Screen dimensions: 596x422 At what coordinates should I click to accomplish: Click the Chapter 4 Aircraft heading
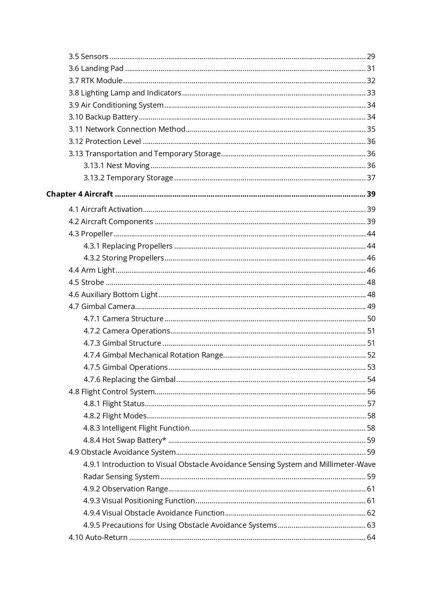[80, 194]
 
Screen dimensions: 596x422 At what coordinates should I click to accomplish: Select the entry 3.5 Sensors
[88, 56]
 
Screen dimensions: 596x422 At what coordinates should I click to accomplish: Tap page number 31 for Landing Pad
[371, 69]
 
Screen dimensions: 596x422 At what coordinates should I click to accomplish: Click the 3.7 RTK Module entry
[96, 81]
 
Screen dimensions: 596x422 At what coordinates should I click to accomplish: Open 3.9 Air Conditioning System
[116, 105]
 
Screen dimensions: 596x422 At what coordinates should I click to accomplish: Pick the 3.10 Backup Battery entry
[103, 117]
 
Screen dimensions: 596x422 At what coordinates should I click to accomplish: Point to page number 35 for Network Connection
[371, 129]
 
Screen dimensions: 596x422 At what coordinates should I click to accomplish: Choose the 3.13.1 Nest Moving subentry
[117, 166]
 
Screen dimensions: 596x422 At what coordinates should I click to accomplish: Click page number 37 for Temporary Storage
[371, 178]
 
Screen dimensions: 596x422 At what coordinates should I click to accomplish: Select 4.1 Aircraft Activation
[105, 210]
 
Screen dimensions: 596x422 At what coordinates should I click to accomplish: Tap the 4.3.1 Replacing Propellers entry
[128, 246]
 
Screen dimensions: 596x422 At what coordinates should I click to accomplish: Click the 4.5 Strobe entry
[86, 283]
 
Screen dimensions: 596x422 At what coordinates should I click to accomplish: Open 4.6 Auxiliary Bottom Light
[113, 295]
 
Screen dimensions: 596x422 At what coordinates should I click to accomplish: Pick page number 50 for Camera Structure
[371, 319]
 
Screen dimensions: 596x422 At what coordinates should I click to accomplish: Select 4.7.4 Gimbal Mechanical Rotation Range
[153, 355]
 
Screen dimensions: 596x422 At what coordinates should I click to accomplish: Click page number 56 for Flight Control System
[371, 392]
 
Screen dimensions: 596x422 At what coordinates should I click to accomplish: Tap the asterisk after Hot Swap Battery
[165, 439]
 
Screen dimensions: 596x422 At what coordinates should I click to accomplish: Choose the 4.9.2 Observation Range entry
[126, 489]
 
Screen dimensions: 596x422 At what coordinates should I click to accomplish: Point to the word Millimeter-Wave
[347, 465]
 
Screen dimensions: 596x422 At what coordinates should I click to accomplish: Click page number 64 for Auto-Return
[371, 538]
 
